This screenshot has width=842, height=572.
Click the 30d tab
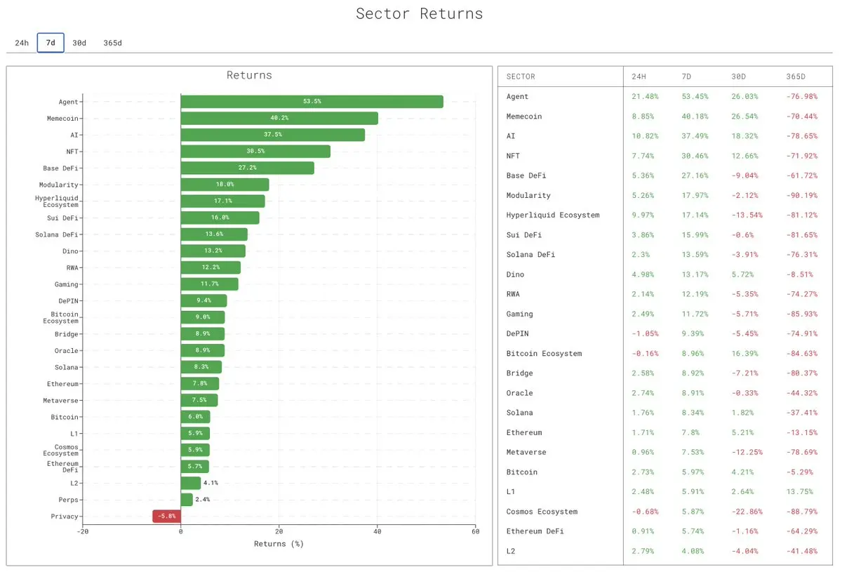[79, 43]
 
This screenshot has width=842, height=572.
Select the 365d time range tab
[112, 43]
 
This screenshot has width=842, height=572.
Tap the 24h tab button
[22, 43]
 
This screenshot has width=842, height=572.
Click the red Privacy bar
[167, 517]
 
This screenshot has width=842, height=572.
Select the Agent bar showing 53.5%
[312, 102]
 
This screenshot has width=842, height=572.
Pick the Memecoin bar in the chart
[279, 118]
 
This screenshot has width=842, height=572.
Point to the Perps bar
[187, 500]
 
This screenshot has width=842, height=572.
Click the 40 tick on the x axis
[377, 531]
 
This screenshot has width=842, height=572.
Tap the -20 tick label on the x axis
[83, 531]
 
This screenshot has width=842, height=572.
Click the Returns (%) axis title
[279, 544]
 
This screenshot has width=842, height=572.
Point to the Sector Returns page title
[419, 13]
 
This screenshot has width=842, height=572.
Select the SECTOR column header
[521, 77]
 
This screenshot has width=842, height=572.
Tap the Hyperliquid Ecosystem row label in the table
[553, 215]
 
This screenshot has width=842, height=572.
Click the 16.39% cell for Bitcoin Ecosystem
[746, 354]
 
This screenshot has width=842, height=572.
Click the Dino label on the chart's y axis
[70, 251]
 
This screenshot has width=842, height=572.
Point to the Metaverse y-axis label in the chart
[62, 400]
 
